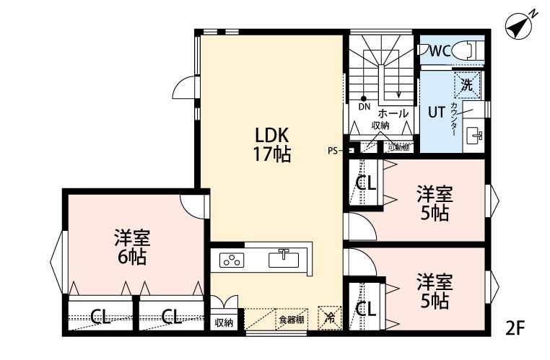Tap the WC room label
[440, 51]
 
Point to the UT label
[437, 112]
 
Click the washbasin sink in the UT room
[476, 135]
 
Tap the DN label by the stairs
[364, 107]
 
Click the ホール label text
[393, 113]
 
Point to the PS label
[333, 151]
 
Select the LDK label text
[271, 135]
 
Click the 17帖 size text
[271, 154]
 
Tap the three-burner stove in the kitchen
[233, 260]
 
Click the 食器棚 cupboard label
[292, 320]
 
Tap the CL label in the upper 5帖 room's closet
[366, 183]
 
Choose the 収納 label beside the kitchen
[224, 322]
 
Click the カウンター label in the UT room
[454, 119]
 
